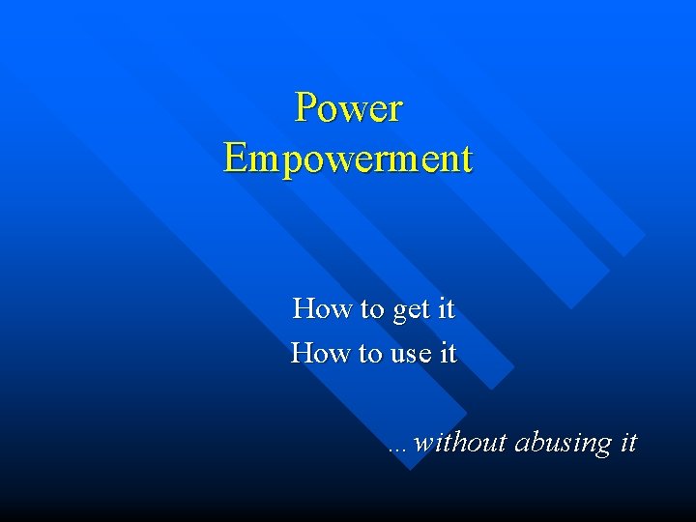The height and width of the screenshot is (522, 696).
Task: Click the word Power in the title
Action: tap(348, 108)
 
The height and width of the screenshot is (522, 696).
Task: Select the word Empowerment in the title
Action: tap(348, 159)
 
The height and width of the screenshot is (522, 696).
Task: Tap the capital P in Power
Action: tap(305, 108)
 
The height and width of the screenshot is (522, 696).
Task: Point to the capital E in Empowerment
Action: tap(235, 159)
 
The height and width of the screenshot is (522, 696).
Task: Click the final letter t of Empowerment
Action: tap(467, 159)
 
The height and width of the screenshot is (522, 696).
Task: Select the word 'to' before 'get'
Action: tap(372, 310)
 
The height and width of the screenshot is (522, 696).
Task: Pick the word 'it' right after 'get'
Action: tap(446, 309)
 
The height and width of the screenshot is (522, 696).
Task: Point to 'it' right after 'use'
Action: tap(448, 354)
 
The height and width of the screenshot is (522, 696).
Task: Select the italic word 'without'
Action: tap(460, 443)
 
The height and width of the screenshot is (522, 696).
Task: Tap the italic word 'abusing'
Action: tap(563, 444)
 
